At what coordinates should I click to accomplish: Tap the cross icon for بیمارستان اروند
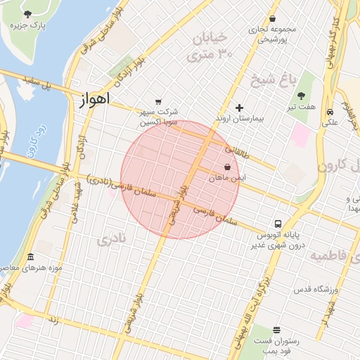[x=240, y=108]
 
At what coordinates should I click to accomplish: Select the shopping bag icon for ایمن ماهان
[x=227, y=167]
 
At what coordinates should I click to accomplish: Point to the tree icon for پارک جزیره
[x=27, y=14]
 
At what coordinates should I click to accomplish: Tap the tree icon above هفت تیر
[x=301, y=96]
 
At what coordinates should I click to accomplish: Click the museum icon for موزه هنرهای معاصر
[x=30, y=257]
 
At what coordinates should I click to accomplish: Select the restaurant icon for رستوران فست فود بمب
[x=276, y=330]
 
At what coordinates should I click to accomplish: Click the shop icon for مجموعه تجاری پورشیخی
[x=273, y=19]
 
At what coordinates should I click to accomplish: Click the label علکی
[x=330, y=122]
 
